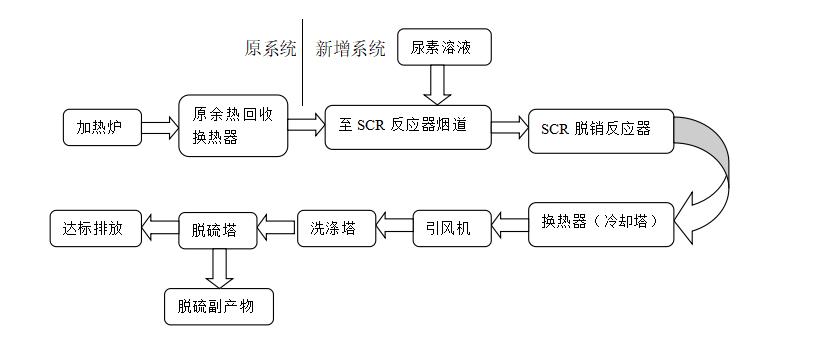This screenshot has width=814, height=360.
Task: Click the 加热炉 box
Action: tap(101, 127)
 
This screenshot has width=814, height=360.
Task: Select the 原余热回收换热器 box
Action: tap(233, 126)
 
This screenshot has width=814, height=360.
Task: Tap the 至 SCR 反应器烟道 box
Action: tap(408, 126)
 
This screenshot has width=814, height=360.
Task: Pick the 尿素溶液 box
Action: tap(445, 47)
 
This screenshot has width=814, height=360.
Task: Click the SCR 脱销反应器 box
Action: tap(600, 129)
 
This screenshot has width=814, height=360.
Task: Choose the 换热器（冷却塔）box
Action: tap(600, 223)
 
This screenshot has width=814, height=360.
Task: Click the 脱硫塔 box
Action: tap(217, 229)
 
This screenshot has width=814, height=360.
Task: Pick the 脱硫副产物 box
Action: tap(217, 307)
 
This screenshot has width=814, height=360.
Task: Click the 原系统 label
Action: tap(271, 49)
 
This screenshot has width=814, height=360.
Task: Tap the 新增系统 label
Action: tap(350, 49)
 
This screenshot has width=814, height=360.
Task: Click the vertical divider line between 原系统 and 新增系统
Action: tap(303, 60)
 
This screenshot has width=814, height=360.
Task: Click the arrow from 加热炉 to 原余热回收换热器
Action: tap(158, 127)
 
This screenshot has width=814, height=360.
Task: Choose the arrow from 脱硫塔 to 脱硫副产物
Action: tap(217, 267)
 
